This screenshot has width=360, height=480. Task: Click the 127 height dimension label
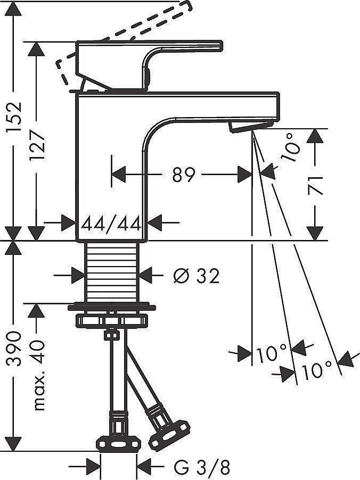[37, 145]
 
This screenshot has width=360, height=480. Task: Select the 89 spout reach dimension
[184, 175]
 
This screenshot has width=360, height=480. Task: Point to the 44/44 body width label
[111, 223]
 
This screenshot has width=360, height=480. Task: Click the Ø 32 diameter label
[197, 276]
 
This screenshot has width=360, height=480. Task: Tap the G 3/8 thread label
[202, 467]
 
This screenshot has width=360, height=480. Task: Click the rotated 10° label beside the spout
[290, 148]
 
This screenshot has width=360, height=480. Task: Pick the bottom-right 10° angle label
[317, 369]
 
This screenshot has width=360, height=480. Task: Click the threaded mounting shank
[111, 272]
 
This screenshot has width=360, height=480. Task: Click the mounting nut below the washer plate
[111, 320]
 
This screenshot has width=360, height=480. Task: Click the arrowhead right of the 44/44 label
[156, 223]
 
